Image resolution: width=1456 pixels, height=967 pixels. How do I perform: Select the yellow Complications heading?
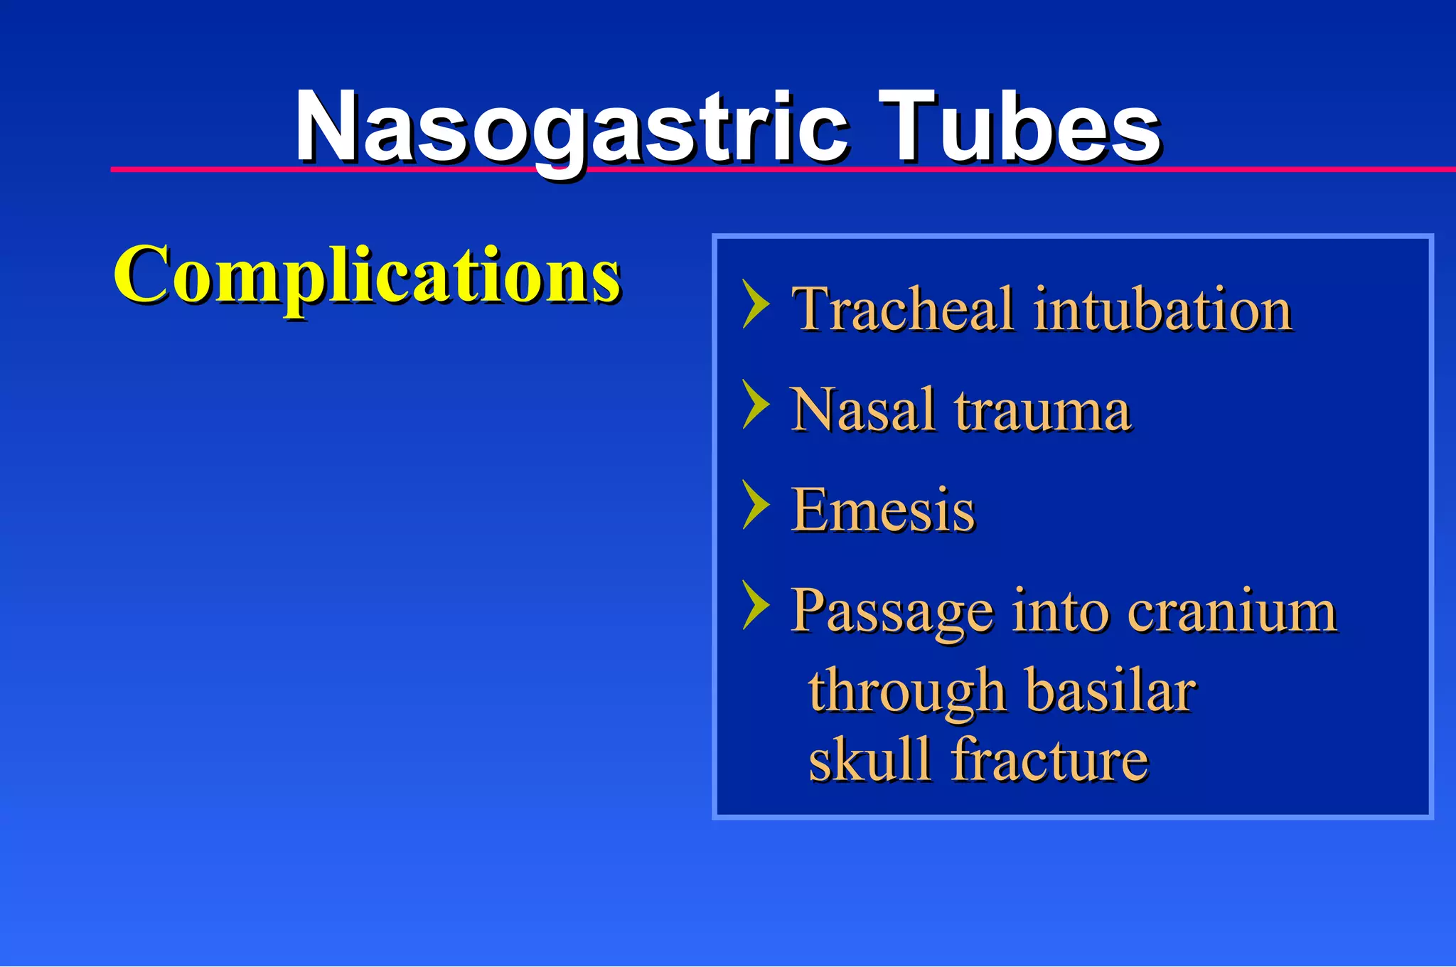[367, 276]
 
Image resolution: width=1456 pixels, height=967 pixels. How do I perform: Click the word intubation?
[1162, 309]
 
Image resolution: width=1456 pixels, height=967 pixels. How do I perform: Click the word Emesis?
[882, 511]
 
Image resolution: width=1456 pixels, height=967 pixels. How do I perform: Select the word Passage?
[892, 612]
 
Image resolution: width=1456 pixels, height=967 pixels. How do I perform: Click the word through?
[906, 692]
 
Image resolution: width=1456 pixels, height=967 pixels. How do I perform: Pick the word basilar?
[1111, 690]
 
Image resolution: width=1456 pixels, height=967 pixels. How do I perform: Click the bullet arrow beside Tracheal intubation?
[755, 304]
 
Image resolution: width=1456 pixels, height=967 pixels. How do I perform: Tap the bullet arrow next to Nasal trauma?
[755, 405]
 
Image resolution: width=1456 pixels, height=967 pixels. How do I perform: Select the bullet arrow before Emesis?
[755, 505]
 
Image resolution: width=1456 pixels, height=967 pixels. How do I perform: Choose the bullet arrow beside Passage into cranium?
[755, 605]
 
